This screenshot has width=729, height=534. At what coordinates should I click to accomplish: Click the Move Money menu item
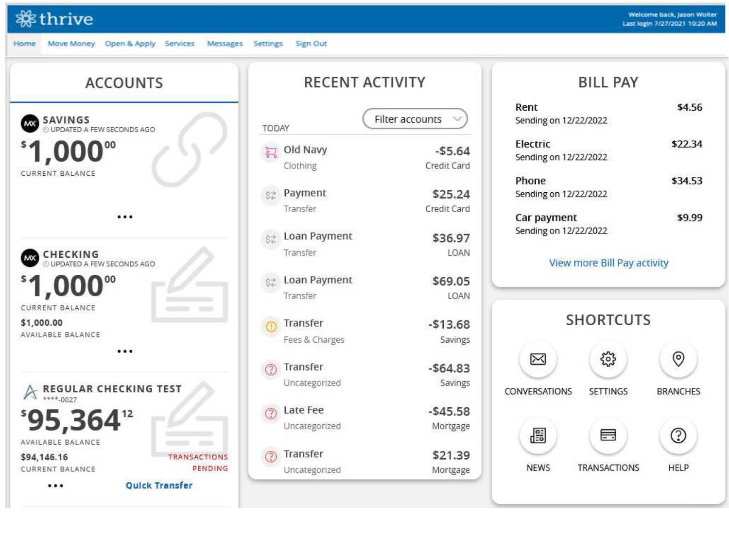71,43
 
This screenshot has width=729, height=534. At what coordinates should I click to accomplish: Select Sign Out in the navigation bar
311,43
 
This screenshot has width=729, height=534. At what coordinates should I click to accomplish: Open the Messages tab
225,43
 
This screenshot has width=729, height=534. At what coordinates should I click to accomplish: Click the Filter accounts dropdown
415,119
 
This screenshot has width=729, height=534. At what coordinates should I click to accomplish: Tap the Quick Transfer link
159,485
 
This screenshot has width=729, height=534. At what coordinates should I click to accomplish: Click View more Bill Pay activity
608,263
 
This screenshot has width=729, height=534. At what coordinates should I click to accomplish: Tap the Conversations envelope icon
538,359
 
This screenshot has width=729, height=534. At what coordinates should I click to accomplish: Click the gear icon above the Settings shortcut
608,359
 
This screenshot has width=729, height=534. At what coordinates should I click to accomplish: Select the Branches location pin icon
678,359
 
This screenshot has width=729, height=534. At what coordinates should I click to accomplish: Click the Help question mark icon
678,435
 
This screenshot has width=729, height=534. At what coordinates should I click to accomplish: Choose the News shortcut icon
538,435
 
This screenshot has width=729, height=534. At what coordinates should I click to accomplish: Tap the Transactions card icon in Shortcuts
608,435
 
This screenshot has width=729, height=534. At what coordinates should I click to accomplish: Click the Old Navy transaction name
305,150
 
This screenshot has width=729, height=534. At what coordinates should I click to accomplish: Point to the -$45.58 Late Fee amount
449,411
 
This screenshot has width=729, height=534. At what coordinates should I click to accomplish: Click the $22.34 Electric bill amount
687,144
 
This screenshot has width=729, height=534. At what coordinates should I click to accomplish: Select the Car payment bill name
546,217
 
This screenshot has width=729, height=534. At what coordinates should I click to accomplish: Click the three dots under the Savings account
124,217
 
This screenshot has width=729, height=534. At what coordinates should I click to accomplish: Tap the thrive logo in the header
54,18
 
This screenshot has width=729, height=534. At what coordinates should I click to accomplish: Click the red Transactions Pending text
198,462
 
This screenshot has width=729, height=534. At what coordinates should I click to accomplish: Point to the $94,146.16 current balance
44,457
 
